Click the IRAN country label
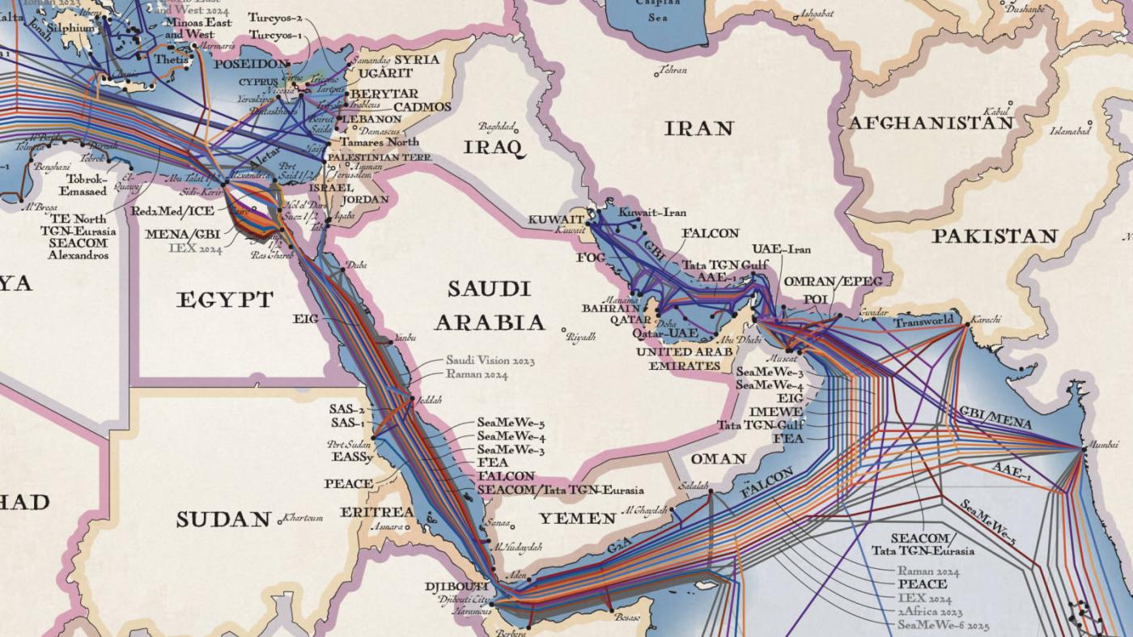click(x=698, y=128)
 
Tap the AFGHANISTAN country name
click(x=930, y=123)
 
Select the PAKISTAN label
click(x=994, y=236)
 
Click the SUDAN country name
click(x=223, y=519)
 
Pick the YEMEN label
click(x=578, y=518)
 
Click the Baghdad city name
click(x=496, y=126)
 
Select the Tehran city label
click(x=673, y=70)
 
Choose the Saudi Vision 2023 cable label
click(x=490, y=360)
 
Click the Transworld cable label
click(x=923, y=322)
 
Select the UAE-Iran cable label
click(x=781, y=249)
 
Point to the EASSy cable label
click(x=352, y=457)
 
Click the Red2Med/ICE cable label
click(x=172, y=210)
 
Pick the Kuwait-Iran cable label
click(x=651, y=212)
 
